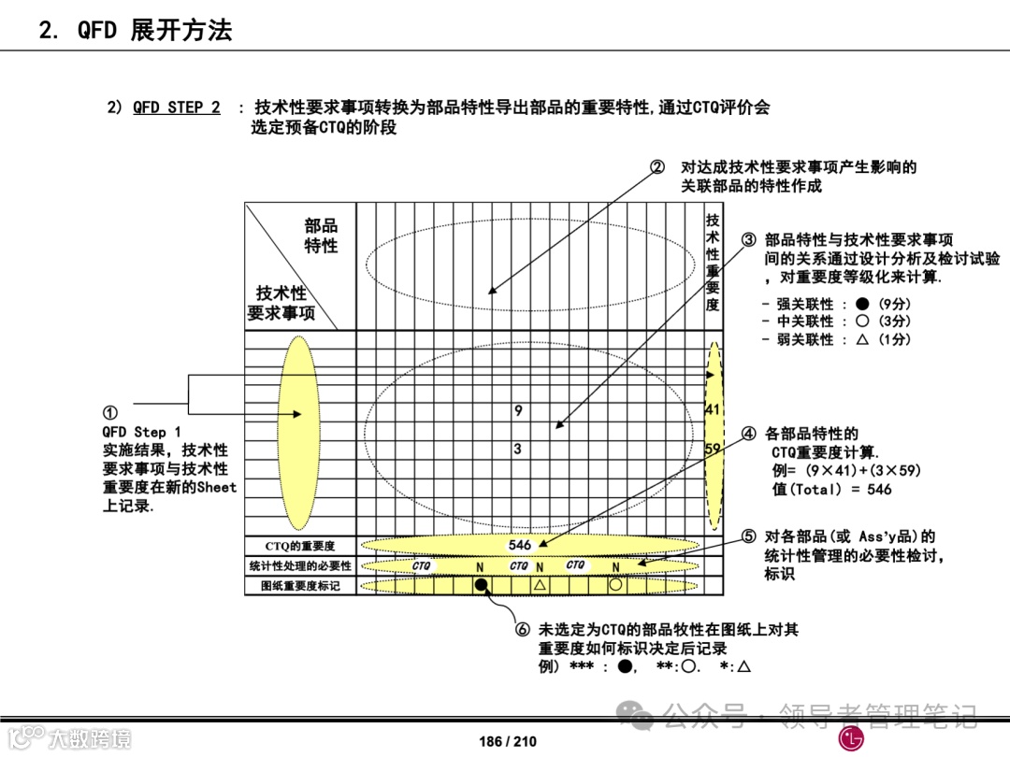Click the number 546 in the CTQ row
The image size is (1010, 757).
(520, 545)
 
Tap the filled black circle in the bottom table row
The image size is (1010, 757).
(482, 585)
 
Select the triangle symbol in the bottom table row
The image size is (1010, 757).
(540, 585)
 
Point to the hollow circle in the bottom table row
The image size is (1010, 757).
(615, 585)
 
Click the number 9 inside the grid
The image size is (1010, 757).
(518, 410)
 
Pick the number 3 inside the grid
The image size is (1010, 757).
(518, 450)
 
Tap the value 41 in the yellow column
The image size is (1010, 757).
(713, 409)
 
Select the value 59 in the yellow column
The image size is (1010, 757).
(713, 450)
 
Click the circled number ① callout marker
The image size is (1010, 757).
(110, 413)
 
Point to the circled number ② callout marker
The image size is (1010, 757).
(657, 167)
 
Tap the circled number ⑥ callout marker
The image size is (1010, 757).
(523, 630)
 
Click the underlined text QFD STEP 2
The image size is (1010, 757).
(177, 107)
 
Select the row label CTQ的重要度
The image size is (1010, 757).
(299, 546)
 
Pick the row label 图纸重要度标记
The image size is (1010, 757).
(299, 586)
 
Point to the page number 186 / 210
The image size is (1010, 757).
(508, 741)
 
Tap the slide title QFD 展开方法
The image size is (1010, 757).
(136, 30)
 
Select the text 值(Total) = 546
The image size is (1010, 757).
(832, 489)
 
